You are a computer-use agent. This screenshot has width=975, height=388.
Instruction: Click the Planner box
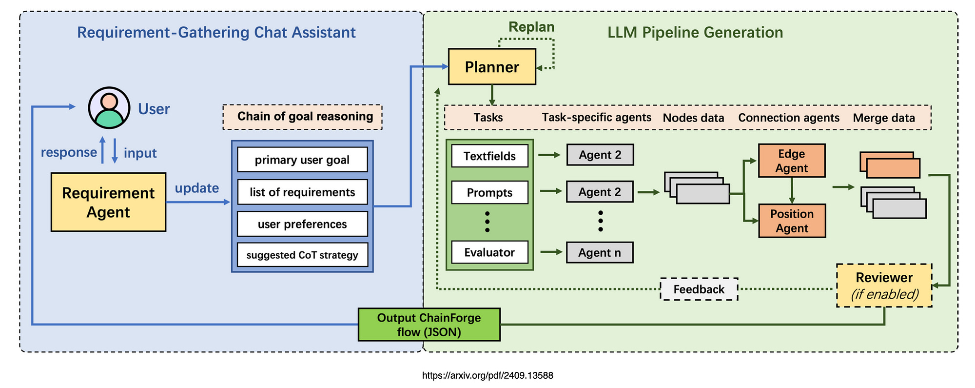pos(492,67)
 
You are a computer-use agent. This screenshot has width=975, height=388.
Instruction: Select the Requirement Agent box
pos(108,202)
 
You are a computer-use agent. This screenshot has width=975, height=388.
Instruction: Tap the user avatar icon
pos(109,108)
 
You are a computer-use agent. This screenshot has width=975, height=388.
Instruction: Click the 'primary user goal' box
pos(302,160)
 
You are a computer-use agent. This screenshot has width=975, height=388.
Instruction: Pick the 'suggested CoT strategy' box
pos(302,255)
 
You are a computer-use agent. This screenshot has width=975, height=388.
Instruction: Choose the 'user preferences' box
pos(302,224)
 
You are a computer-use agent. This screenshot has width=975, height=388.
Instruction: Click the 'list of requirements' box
pos(302,192)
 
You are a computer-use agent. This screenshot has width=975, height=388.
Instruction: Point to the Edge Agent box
pos(792,161)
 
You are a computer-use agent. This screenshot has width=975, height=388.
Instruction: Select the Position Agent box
pos(792,221)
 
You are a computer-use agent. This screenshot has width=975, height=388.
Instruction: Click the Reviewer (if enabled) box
pos(884,286)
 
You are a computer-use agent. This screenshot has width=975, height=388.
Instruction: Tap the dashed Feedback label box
pos(699,289)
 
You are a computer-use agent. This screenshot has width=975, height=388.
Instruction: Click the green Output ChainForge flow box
pos(429,325)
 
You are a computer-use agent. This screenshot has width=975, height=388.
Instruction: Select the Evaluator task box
pos(489,252)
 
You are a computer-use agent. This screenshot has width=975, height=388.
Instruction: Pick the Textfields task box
pos(489,156)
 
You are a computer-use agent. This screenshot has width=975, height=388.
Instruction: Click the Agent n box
pos(600,253)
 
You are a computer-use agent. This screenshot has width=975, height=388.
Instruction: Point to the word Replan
pos(531,27)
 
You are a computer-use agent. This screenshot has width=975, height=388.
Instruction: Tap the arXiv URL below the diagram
pos(487,375)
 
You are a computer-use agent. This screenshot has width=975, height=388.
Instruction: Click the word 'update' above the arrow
pos(197,188)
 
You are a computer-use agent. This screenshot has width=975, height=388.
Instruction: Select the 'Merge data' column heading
pos(884,118)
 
